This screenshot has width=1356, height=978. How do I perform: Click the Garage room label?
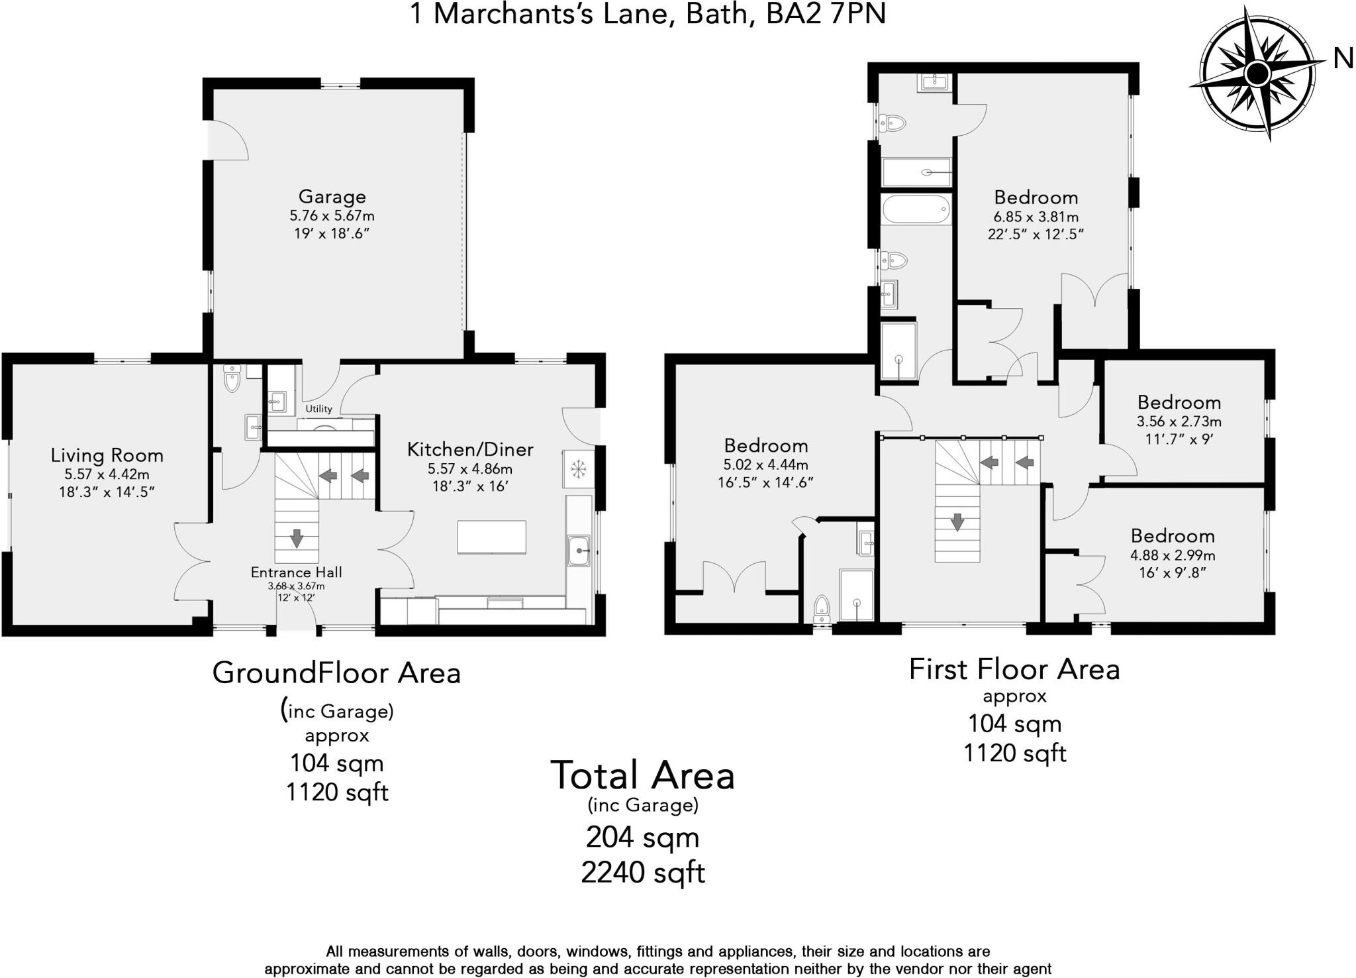click(332, 197)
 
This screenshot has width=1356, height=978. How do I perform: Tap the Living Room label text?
click(107, 455)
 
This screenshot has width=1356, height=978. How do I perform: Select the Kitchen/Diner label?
click(469, 450)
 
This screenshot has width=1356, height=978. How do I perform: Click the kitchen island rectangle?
click(492, 537)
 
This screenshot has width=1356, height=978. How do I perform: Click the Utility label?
click(318, 409)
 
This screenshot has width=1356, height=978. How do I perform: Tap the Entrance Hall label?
click(296, 572)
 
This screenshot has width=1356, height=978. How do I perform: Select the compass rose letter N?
click(1343, 60)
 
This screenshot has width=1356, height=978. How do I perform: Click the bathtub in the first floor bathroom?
click(916, 209)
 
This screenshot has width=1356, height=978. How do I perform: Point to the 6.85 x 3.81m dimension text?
click(1036, 217)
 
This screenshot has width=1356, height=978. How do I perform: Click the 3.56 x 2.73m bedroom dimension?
click(1179, 421)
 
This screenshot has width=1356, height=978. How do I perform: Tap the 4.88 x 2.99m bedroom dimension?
click(1172, 555)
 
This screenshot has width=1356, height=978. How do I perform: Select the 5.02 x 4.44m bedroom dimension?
click(765, 465)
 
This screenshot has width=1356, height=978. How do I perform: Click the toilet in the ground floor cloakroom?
click(232, 380)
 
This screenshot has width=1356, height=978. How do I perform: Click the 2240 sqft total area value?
click(642, 873)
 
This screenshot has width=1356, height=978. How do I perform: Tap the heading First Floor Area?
click(1014, 669)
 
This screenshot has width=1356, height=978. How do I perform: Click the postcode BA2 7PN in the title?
click(825, 14)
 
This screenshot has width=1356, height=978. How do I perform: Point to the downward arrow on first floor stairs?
click(957, 521)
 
